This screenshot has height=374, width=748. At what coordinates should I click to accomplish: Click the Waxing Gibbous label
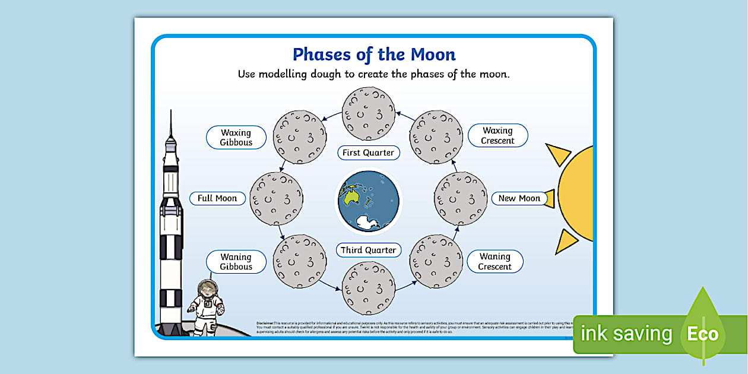pos(236,138)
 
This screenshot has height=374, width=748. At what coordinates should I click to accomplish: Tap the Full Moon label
pos(217,198)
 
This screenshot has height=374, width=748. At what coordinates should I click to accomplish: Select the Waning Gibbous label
pos(236,262)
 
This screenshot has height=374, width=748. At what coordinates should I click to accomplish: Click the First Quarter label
pos(368,153)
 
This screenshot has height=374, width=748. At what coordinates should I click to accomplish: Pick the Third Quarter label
pos(368,250)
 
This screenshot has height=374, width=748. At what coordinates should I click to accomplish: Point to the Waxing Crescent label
pos(497,135)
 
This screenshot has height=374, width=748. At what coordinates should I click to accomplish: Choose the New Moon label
pos(519,198)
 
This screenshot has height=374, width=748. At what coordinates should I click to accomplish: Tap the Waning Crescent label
pos(495,261)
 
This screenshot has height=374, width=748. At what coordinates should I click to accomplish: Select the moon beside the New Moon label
pos(461,198)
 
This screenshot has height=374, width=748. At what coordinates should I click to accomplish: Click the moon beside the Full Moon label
pos(276,198)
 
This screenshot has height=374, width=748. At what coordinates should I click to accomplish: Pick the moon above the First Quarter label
pos(368,114)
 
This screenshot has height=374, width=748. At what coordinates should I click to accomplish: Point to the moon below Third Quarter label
pos(368,288)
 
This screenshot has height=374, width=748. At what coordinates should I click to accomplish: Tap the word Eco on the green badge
pos(703,334)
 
